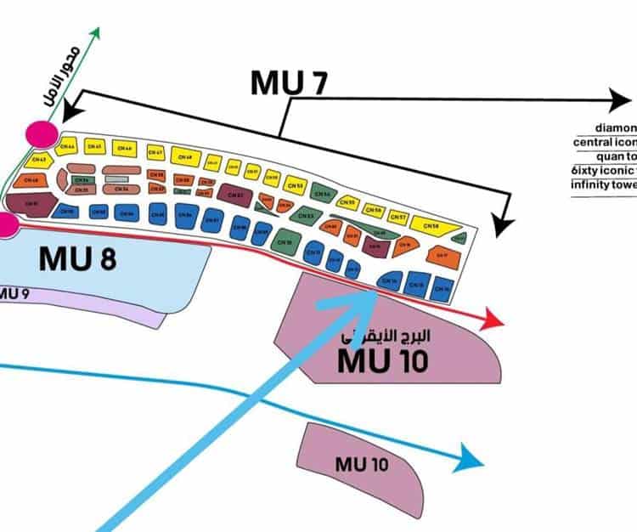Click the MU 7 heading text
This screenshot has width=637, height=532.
pos(289,82)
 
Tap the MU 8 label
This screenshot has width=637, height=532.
pos(77,258)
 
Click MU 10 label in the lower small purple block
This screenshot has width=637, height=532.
pos(362,464)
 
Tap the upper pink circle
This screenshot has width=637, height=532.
pos(42,134)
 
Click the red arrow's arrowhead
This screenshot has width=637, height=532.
pos(492,322)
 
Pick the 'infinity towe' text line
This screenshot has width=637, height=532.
pos(603,184)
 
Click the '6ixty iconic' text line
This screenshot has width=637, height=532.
pos(604,170)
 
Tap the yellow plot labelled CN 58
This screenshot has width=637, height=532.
pos(433,225)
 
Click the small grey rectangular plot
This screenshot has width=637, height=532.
pos(116,179)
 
